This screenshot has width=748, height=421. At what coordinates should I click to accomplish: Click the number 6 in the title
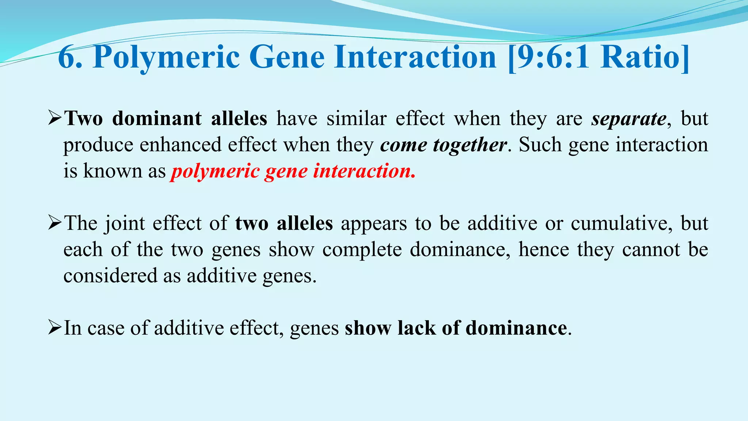click(x=66, y=58)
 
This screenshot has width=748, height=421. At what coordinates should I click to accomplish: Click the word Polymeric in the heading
click(x=166, y=58)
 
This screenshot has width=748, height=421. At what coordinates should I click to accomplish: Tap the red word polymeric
click(x=215, y=171)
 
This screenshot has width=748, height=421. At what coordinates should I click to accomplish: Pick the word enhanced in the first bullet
click(x=181, y=145)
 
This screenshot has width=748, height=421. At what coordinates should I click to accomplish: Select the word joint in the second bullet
click(x=125, y=223)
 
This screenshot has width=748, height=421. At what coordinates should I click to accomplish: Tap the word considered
click(x=110, y=276)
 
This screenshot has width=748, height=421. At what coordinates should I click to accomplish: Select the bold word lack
click(x=416, y=328)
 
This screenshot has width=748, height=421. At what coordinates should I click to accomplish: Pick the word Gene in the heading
click(x=287, y=58)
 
